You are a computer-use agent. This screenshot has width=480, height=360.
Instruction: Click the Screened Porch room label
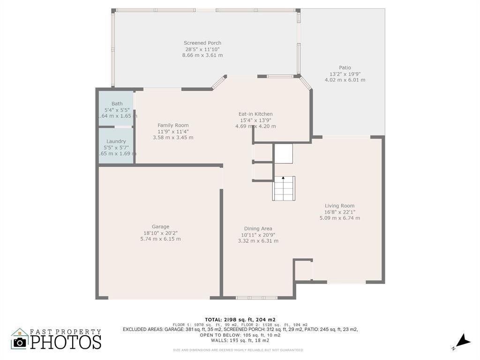click(202, 43)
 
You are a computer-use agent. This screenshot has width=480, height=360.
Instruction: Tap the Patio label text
click(345, 67)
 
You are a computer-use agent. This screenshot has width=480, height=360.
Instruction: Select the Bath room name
click(117, 104)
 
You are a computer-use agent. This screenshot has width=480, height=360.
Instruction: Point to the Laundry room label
click(116, 141)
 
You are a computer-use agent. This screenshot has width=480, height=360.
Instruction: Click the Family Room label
click(173, 125)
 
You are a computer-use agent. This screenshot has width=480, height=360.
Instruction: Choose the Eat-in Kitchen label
click(255, 114)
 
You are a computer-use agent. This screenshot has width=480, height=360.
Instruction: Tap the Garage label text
click(160, 226)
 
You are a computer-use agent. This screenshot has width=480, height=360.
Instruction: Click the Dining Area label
click(258, 229)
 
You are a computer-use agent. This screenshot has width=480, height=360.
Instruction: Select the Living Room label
click(339, 206)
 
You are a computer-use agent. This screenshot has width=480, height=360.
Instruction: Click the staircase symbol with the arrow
click(284, 188)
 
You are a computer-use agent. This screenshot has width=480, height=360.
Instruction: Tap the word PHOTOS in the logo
click(66, 342)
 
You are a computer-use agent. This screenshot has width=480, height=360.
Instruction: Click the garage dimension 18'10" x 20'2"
click(160, 233)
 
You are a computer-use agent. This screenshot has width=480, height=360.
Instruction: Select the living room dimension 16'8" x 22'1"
click(339, 212)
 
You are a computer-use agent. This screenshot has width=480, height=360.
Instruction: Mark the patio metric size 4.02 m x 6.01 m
click(345, 80)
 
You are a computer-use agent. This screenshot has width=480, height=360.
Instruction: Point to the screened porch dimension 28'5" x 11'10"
click(202, 49)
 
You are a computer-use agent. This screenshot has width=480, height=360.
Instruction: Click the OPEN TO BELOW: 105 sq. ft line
click(240, 335)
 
